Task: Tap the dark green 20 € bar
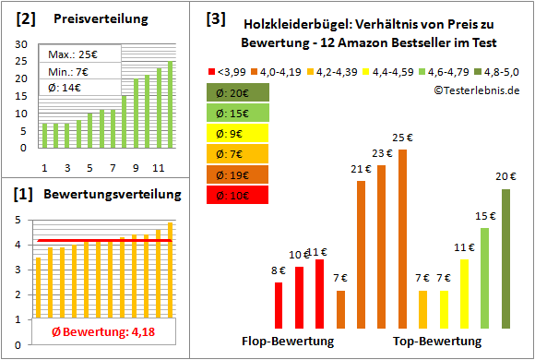coord(505,258)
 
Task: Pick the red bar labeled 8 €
coord(279,305)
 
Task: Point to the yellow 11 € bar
coord(464,294)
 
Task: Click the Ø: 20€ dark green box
coord(238,92)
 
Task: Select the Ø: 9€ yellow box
coord(238,133)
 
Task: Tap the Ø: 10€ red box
coord(238,195)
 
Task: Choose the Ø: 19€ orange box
coord(238,174)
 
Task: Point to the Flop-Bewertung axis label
coord(288,342)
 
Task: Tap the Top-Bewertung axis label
coord(437,342)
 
